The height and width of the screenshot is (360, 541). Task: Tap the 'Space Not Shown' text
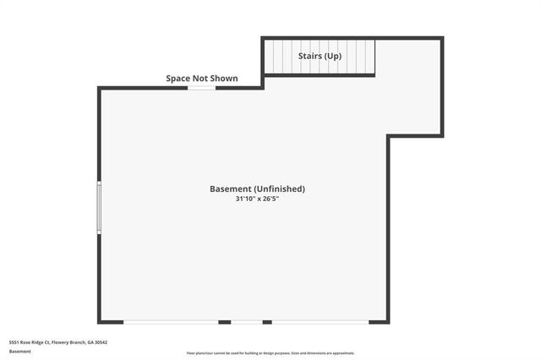pos(201,79)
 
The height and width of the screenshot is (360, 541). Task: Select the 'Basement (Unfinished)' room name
pos(257,188)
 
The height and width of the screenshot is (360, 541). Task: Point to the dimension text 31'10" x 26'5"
pos(257,199)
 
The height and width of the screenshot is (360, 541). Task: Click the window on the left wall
pos(99,207)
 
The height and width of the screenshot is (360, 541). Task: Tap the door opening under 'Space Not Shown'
pos(201,88)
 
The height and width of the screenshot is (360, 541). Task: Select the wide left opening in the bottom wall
pos(171,322)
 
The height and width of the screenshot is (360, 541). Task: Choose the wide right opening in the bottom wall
pos(320,322)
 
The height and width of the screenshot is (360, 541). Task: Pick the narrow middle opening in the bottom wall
pos(246,322)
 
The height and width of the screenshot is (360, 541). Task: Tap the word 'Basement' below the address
pos(19,351)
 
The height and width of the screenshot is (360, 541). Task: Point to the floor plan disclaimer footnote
pos(270,353)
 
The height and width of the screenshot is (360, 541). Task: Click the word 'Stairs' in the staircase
pos(309,56)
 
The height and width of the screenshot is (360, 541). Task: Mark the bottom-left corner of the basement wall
pos(100,321)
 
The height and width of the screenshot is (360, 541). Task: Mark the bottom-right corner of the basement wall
pos(388,321)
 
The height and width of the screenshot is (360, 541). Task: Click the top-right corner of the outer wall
pos(441,38)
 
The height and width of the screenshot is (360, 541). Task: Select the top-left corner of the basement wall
pos(100,88)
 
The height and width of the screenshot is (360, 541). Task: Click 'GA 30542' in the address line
pos(96,342)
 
